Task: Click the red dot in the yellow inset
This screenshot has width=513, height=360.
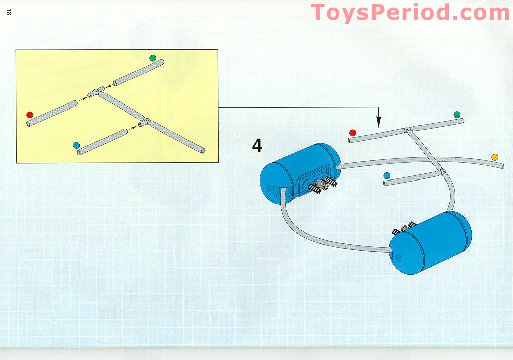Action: [30, 115]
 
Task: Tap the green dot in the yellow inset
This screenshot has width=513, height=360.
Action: [153, 58]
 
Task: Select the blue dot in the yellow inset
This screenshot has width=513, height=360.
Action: [76, 145]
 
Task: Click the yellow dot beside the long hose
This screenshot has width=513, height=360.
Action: [495, 157]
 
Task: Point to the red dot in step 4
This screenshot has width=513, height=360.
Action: [353, 133]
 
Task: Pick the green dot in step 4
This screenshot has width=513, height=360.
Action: [457, 114]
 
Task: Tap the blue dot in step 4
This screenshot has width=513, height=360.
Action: [387, 175]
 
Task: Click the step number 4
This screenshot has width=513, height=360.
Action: [257, 146]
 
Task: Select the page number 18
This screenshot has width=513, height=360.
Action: [9, 12]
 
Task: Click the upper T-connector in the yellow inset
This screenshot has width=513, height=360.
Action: [96, 93]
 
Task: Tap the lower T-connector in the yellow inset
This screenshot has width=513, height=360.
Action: [145, 122]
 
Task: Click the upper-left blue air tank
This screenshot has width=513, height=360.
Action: [300, 173]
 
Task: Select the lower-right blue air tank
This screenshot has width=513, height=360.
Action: [430, 242]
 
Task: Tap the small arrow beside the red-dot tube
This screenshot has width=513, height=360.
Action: [83, 98]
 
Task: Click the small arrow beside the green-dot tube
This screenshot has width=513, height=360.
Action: [109, 86]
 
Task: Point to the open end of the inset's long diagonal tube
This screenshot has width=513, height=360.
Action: [203, 151]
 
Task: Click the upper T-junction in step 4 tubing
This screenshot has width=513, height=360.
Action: [408, 130]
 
